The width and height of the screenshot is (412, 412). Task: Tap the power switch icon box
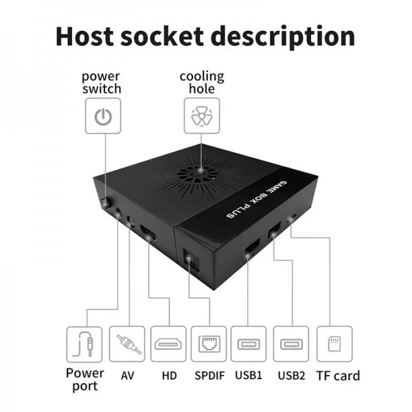[102, 116]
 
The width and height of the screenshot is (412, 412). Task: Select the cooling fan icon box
[201, 116]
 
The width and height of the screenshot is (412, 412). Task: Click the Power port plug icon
[85, 343]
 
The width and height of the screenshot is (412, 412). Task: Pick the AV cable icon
[127, 343]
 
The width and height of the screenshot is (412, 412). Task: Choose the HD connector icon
[170, 343]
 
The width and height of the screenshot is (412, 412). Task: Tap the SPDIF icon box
[209, 343]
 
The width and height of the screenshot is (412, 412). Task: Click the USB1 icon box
[249, 343]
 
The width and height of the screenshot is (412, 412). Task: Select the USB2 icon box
[292, 343]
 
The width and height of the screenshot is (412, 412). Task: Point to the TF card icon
[334, 343]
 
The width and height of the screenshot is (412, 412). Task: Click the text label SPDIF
[209, 375]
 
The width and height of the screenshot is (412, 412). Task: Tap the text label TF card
[337, 375]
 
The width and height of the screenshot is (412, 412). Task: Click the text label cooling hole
[201, 82]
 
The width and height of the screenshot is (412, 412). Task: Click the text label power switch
[102, 82]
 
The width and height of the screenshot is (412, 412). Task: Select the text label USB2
[292, 375]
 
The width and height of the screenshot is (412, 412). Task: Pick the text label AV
[127, 375]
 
